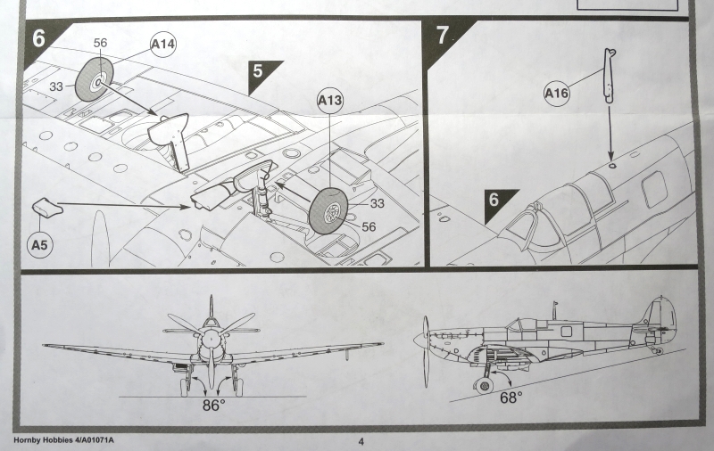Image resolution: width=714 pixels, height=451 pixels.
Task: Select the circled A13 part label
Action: click(330, 101)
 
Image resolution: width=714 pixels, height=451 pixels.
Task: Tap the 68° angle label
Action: click(511, 398)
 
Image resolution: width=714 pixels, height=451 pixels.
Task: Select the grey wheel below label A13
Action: click(328, 210)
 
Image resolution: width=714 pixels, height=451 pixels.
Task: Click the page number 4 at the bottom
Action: click(361, 440)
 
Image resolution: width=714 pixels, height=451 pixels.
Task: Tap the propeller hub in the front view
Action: click(210, 338)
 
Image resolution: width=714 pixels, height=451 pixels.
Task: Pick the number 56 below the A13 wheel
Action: click(369, 227)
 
